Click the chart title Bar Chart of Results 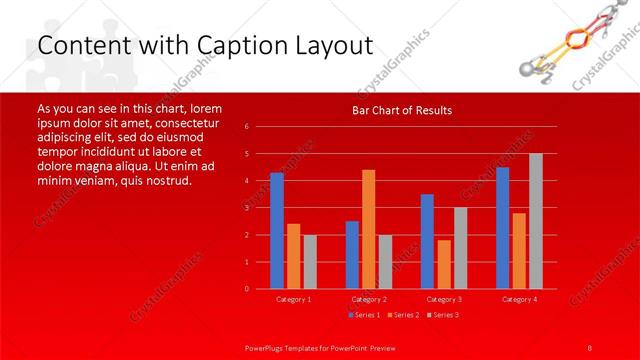click(x=401, y=110)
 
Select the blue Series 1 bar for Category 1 click(x=277, y=230)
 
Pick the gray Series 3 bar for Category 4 click(x=536, y=221)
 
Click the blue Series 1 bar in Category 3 click(x=427, y=241)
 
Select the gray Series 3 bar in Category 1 click(x=310, y=261)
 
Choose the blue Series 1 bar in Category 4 click(x=502, y=227)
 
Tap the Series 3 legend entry click(x=445, y=315)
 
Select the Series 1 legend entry click(x=362, y=315)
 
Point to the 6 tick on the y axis click(x=246, y=127)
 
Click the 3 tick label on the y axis click(x=246, y=208)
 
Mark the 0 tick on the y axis click(x=246, y=289)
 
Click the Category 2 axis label click(x=369, y=299)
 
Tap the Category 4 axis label click(x=519, y=299)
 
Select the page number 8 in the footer click(x=590, y=347)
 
